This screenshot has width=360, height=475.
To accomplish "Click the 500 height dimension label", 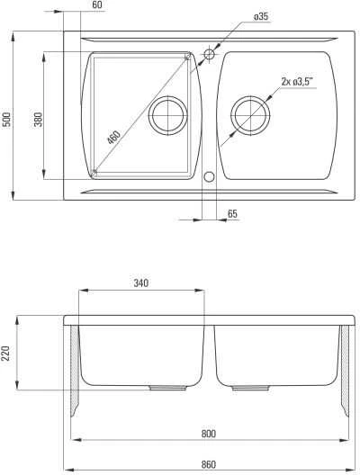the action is coord(7,120).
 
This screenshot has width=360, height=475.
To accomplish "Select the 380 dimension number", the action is coord(38,120).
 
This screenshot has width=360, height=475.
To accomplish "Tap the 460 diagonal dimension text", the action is coord(114,138).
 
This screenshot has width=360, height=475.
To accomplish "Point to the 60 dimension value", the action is coord(97,5).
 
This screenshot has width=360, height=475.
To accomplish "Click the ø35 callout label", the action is coord(261,17).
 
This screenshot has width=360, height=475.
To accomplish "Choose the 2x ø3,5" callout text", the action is coord(297,82).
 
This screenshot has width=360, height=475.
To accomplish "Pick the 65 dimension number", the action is coord(232,214).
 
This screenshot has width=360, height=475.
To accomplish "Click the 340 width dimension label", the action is coord(141,283).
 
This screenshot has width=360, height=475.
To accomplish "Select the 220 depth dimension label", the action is coord(6,353).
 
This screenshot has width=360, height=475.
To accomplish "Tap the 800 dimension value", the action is coord(209,434).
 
